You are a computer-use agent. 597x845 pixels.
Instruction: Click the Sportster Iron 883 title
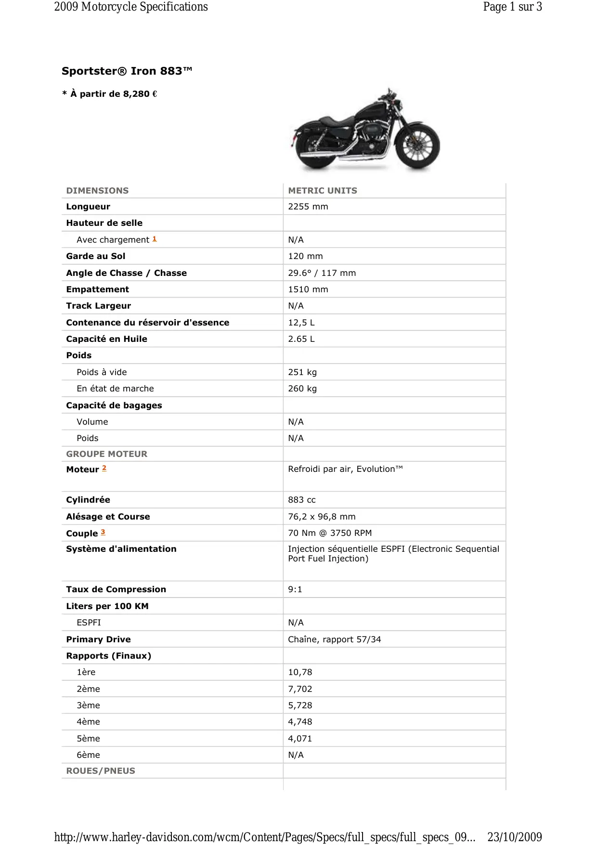pos(127,71)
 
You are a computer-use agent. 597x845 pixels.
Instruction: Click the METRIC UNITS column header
pos(323,191)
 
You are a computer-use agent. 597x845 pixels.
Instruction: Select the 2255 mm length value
pos(308,207)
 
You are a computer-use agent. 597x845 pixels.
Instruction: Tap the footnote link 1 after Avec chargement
pos(155,239)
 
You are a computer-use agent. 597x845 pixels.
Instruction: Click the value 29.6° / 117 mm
pos(322,273)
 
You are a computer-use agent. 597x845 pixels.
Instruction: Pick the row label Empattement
pos(97,289)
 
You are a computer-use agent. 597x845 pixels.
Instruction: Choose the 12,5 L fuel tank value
pos(301,323)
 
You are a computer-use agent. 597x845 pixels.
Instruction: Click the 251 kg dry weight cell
pos(302,372)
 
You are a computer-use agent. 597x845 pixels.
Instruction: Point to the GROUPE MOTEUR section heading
pos(106,454)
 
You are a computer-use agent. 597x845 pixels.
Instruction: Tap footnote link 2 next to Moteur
pos(104,468)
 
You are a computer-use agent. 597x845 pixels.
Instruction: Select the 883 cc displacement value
pos(302,500)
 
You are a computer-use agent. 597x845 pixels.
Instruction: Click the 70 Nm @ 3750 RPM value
pos(330,533)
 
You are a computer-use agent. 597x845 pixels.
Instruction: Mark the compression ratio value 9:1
pos(295,589)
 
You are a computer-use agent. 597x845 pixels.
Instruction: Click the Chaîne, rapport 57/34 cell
pos(334,639)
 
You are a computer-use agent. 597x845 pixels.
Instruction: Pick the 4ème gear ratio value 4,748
pos(300,722)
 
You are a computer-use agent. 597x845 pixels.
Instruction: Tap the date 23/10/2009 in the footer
pos(514,837)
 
